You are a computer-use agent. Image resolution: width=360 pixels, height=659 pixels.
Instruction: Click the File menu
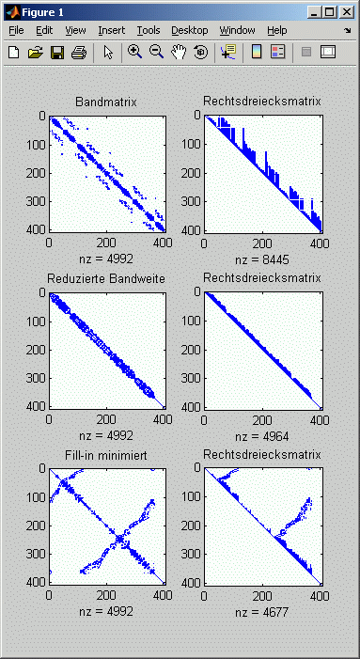pyautogui.click(x=16, y=30)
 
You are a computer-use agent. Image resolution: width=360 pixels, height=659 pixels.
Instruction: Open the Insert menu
pyautogui.click(x=111, y=30)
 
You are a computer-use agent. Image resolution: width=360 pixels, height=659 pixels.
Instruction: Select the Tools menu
pyautogui.click(x=149, y=30)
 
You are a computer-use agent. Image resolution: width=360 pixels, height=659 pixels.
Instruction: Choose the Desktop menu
pyautogui.click(x=190, y=30)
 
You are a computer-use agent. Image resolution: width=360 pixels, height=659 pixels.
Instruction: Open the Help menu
pyautogui.click(x=277, y=30)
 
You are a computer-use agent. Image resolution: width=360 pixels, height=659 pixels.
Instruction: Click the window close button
pyautogui.click(x=347, y=10)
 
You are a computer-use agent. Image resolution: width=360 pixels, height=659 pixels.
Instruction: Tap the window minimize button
pyautogui.click(x=313, y=10)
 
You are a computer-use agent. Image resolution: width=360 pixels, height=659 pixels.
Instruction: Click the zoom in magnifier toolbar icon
pyautogui.click(x=135, y=53)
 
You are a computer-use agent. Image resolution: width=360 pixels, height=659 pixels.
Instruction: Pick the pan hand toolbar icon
pyautogui.click(x=178, y=53)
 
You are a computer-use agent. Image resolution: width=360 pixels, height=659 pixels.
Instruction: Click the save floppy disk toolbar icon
pyautogui.click(x=56, y=53)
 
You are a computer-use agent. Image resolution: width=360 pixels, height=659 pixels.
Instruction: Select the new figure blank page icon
pyautogui.click(x=13, y=53)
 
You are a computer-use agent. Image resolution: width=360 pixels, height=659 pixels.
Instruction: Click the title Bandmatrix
pyautogui.click(x=104, y=102)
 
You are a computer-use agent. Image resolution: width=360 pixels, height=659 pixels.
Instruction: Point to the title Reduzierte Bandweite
pyautogui.click(x=104, y=278)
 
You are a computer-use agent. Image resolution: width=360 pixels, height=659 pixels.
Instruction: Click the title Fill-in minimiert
pyautogui.click(x=104, y=455)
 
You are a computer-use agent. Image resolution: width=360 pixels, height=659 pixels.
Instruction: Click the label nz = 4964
pyautogui.click(x=262, y=435)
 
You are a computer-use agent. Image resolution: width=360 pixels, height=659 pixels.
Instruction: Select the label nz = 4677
pyautogui.click(x=262, y=612)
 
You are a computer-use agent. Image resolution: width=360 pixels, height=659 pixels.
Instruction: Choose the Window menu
pyautogui.click(x=237, y=30)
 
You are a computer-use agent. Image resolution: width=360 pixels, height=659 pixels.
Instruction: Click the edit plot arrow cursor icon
pyautogui.click(x=108, y=53)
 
